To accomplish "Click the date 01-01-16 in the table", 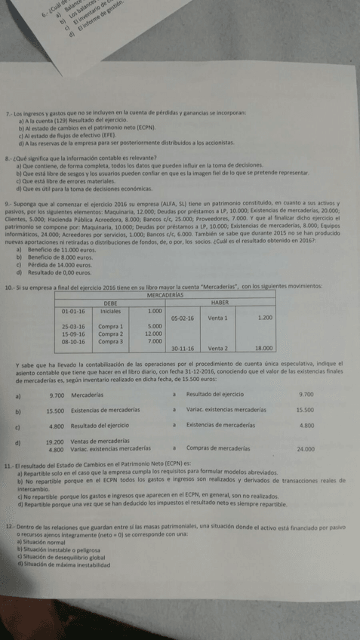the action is (73, 311).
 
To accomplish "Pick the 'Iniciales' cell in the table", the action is (110, 311).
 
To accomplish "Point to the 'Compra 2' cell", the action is (110, 334).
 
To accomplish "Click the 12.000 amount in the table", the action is (153, 334).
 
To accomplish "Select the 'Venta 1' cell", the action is (217, 318).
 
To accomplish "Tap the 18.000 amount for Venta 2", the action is (263, 349).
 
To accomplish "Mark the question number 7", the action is (8, 112).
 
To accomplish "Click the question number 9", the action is (7, 205).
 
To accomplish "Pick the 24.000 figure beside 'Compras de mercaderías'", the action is (306, 449).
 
